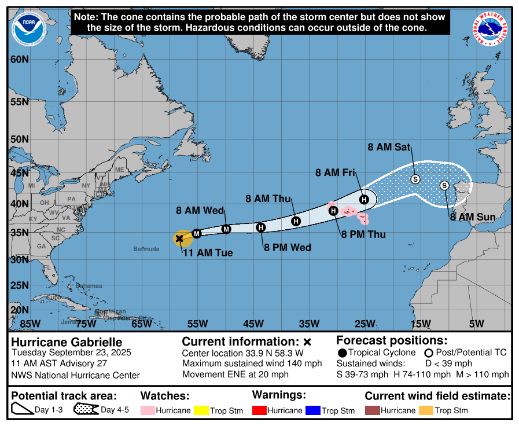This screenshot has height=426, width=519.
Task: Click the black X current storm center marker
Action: point(179,238)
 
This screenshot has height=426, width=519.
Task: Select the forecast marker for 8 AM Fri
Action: point(364,199)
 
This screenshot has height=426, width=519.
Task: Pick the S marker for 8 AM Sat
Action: point(415,179)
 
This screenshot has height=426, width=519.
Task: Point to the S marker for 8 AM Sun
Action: point(444,185)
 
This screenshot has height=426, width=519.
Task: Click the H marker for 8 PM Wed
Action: point(261,227)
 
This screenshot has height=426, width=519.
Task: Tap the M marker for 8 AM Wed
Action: point(226,229)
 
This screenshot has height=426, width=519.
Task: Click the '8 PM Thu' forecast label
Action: point(363,234)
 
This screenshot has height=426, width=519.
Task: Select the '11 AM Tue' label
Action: point(208,253)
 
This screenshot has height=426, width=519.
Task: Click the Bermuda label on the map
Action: point(146,249)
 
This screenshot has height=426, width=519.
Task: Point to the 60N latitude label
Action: point(19,60)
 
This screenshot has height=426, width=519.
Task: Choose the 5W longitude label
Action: point(476,324)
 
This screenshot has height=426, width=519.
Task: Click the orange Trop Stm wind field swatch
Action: point(428,410)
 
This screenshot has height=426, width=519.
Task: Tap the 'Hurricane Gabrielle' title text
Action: point(67,342)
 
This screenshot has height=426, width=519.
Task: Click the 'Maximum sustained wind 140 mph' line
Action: point(252,363)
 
